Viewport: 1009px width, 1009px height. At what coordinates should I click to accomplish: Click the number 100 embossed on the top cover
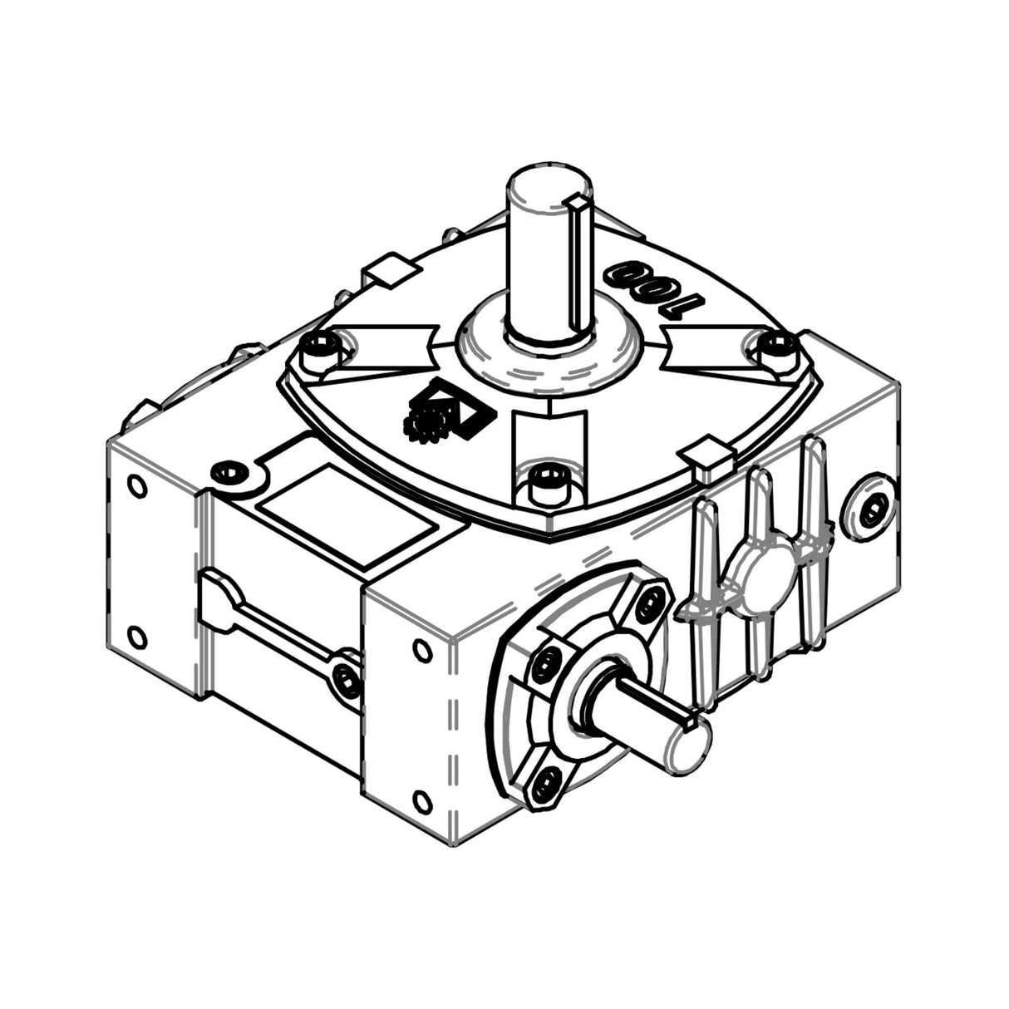tap(653, 287)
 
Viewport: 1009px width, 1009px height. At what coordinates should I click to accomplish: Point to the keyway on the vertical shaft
tap(576, 258)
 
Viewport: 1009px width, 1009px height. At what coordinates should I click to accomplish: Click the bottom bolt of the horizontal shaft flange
tap(544, 780)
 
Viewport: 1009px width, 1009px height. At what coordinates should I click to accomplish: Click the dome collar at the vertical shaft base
tap(549, 349)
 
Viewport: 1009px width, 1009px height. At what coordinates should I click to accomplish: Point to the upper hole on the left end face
tap(134, 485)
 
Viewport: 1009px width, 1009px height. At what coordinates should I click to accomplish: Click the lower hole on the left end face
tap(137, 637)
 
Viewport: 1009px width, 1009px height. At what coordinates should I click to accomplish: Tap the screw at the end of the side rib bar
tap(346, 677)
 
